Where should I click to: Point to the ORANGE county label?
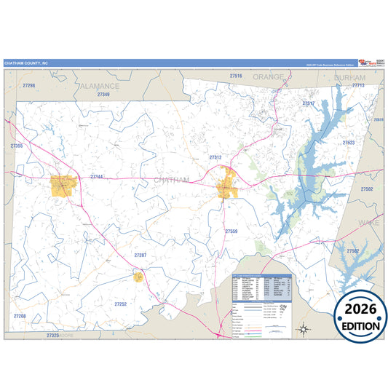coord(268,76)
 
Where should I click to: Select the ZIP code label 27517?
coord(309,103)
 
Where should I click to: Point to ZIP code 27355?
coord(17,146)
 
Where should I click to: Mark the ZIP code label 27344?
coord(97,177)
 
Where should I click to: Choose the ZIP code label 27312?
coord(215,157)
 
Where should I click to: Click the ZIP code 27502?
coord(366,189)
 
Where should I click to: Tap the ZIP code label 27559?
coord(231,231)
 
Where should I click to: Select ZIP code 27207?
coord(140,255)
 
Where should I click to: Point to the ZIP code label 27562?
coord(352,250)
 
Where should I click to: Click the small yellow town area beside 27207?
coord(138,276)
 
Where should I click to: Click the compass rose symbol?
coord(304,329)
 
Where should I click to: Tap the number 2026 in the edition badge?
coord(360,309)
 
